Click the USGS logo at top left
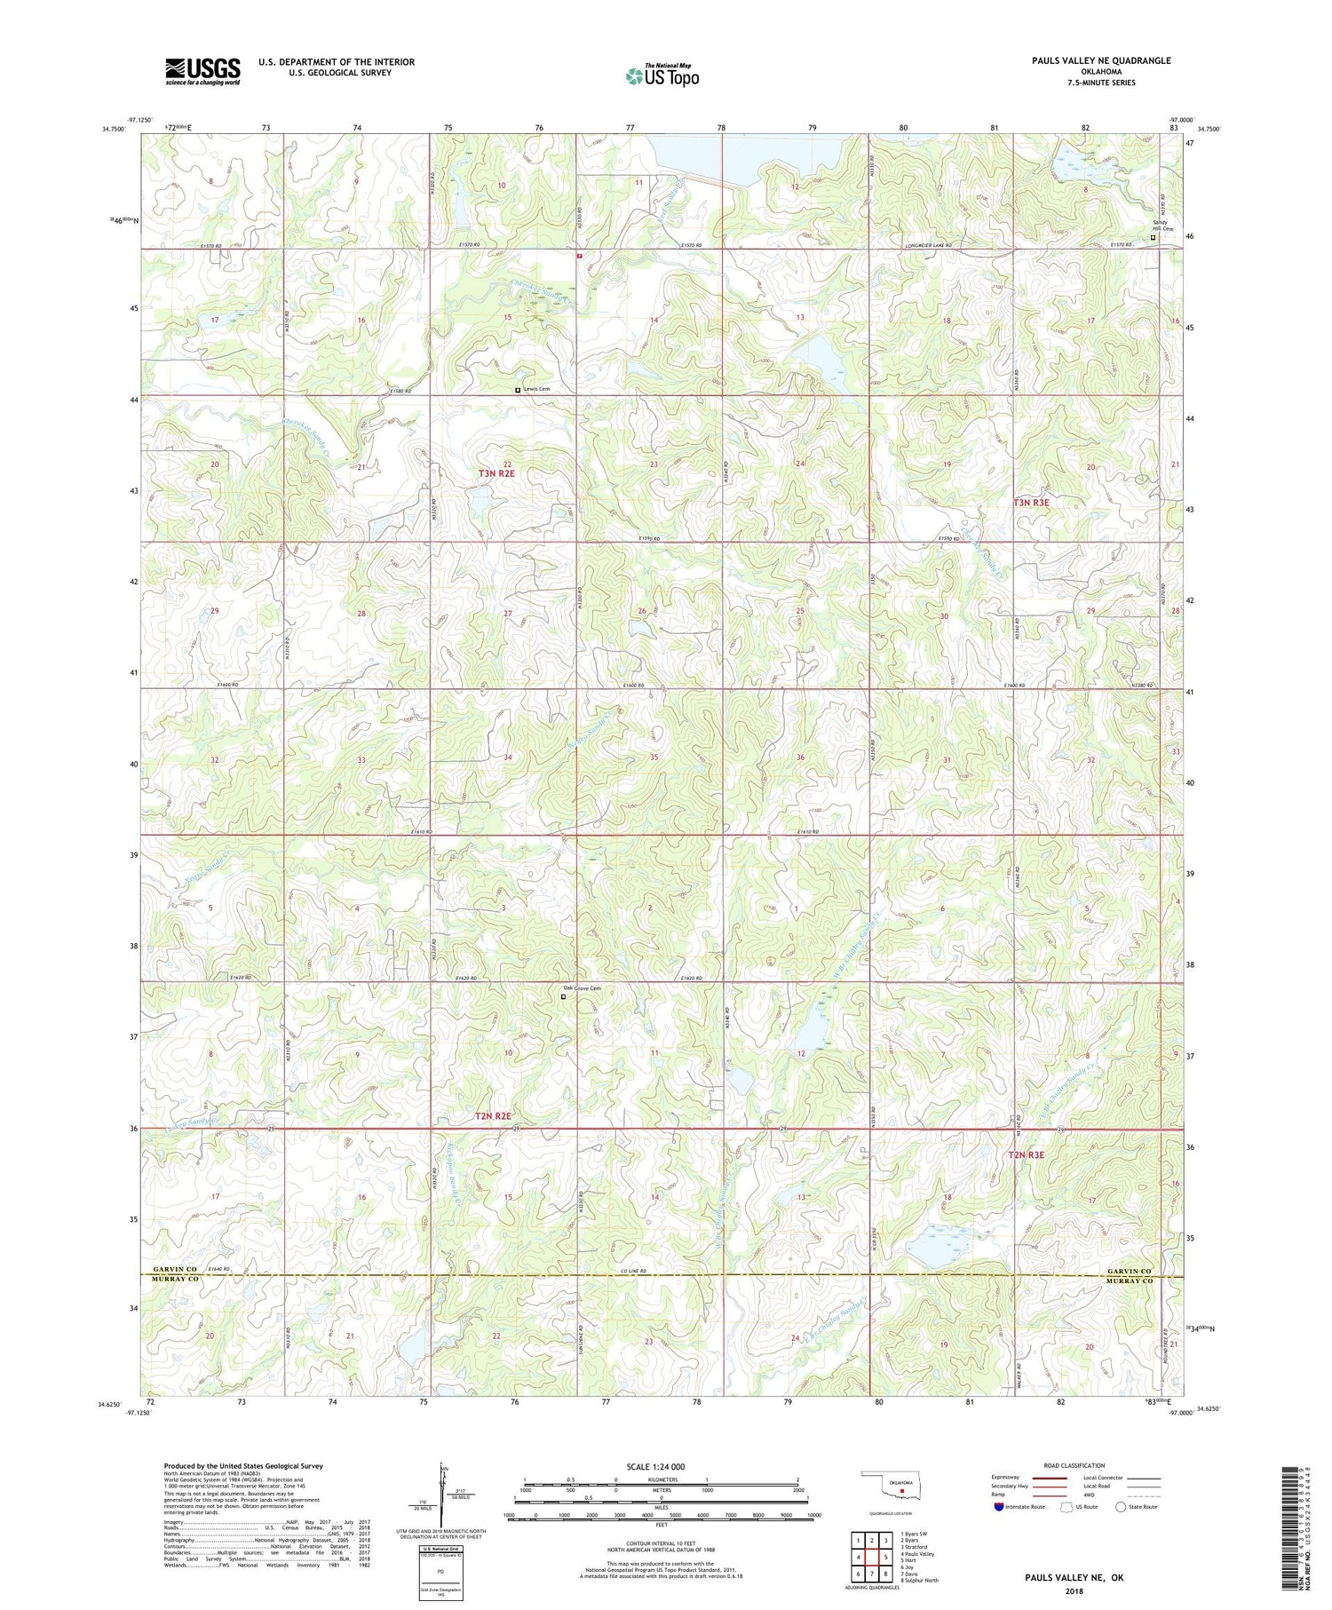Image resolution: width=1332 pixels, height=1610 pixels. (202, 71)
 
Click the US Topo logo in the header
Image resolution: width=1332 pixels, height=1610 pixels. (662, 76)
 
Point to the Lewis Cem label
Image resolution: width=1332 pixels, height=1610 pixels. (536, 389)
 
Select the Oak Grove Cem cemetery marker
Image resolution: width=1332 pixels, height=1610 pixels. (563, 996)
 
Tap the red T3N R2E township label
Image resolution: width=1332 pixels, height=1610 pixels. (496, 473)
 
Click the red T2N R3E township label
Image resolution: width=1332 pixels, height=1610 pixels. (1026, 1155)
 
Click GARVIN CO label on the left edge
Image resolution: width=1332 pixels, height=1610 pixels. (175, 1270)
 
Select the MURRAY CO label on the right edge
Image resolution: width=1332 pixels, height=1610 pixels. (1129, 1281)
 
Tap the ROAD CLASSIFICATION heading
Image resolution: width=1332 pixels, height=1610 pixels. (1074, 1465)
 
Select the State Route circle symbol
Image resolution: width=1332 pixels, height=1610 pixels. (1121, 1506)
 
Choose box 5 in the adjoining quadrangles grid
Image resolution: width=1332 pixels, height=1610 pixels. (885, 1557)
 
